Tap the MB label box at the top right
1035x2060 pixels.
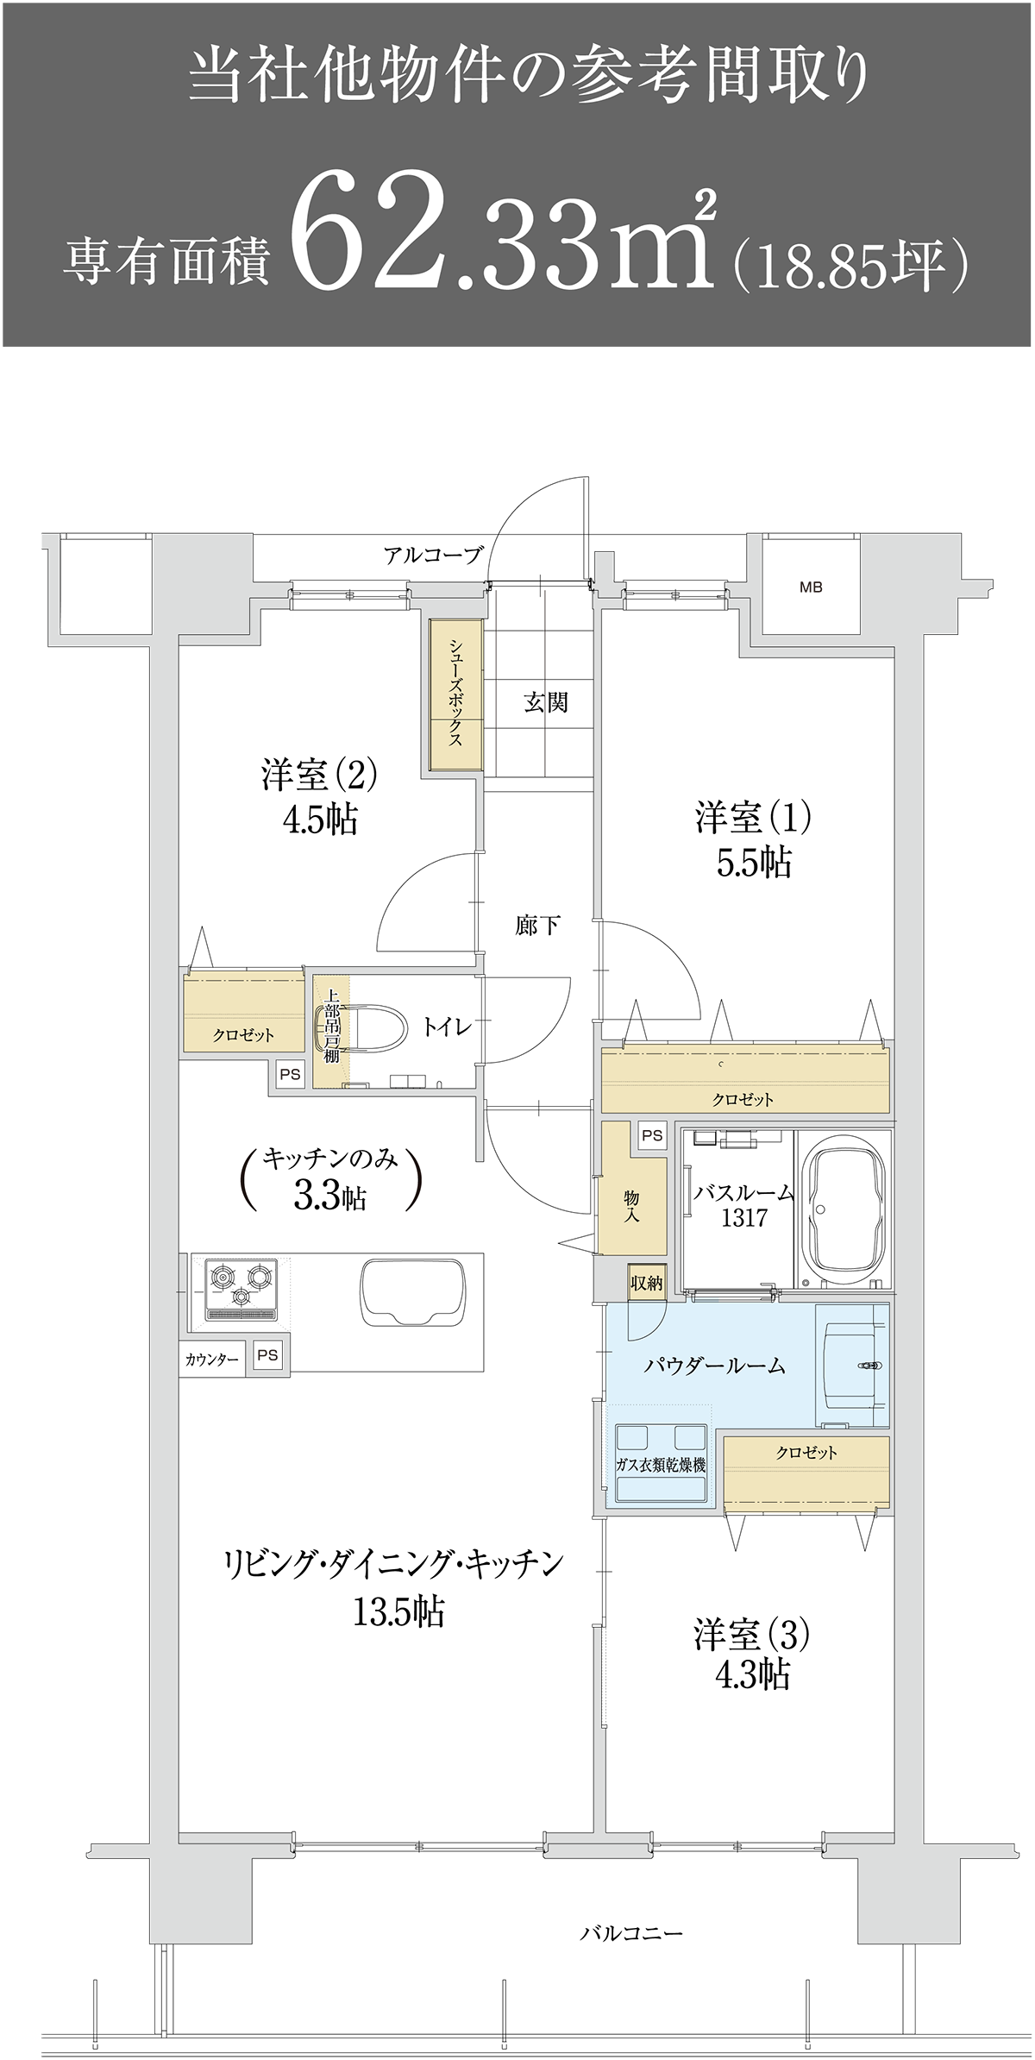pos(811,587)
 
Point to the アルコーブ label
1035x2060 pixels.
pos(433,555)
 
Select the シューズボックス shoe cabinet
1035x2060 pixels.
pos(455,694)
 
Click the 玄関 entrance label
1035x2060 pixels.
pos(546,702)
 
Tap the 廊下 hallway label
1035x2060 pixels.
pos(537,926)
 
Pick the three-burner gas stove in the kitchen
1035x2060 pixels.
pos(241,1289)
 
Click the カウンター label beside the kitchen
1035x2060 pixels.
pos(211,1360)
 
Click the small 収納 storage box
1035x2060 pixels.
pos(646,1283)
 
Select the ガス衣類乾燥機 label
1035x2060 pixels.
pos(661,1464)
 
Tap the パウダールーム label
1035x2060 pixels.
pos(715,1366)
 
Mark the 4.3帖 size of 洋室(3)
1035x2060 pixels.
pos(752,1674)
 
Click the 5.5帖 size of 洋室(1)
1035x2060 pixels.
pos(754,862)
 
